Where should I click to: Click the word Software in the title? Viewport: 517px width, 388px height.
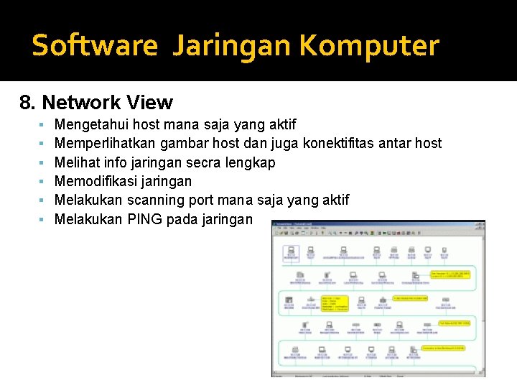click(x=94, y=46)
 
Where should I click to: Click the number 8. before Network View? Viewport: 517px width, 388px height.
click(x=28, y=103)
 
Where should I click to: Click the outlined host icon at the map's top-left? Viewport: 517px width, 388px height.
click(x=291, y=253)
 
